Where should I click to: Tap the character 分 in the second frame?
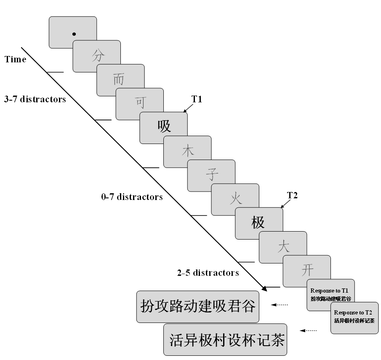pyautogui.click(x=97, y=55)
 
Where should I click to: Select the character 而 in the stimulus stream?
pyautogui.click(x=119, y=79)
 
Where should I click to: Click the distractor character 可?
pyautogui.click(x=140, y=102)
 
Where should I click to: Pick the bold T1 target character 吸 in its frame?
pyautogui.click(x=164, y=126)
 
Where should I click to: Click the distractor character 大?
pyautogui.click(x=283, y=246)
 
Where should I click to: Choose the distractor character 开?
pyautogui.click(x=307, y=269)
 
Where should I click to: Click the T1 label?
pyautogui.click(x=197, y=99)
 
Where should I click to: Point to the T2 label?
pyautogui.click(x=293, y=195)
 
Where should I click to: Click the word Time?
pyautogui.click(x=16, y=59)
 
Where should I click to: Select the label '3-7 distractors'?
pyautogui.click(x=35, y=100)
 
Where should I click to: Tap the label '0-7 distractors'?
pyautogui.click(x=132, y=197)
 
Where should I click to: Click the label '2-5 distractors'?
pyautogui.click(x=208, y=273)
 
